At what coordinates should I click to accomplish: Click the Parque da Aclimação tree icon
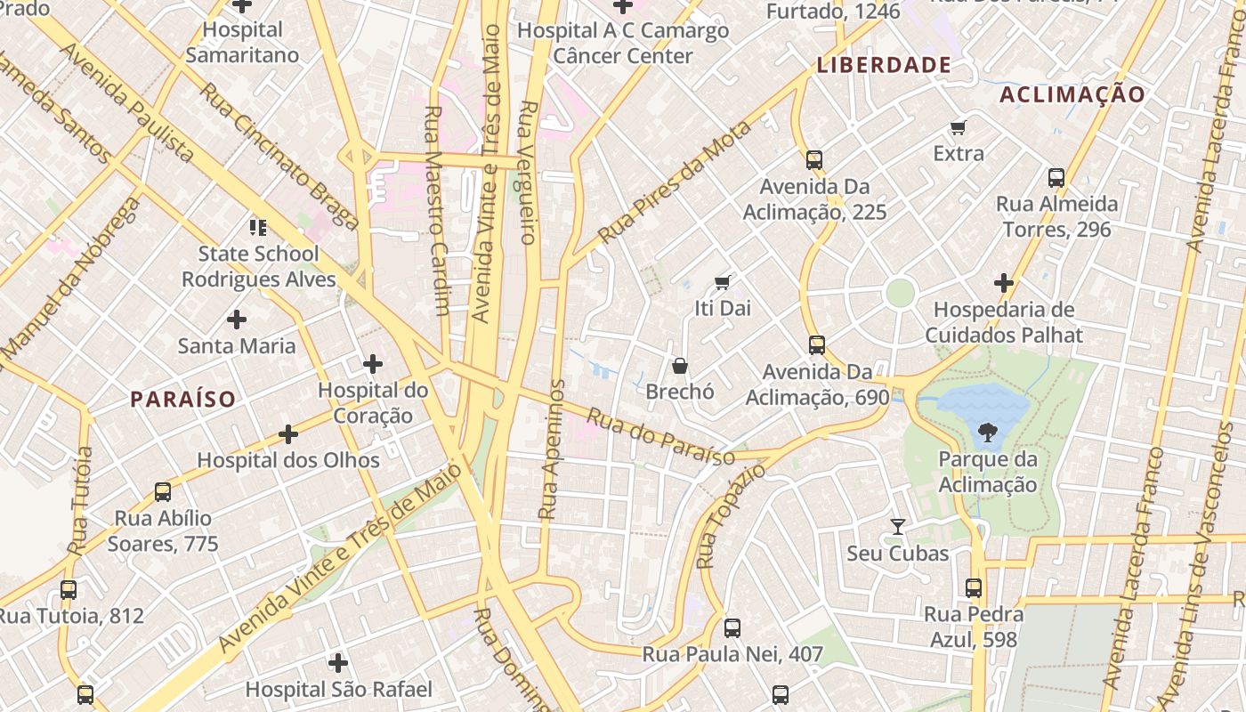pyautogui.click(x=987, y=433)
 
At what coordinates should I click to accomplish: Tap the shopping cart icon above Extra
pyautogui.click(x=959, y=127)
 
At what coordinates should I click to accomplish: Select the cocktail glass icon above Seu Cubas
pyautogui.click(x=897, y=527)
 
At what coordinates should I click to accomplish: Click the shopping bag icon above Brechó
pyautogui.click(x=680, y=365)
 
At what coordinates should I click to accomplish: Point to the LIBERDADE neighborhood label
pyautogui.click(x=884, y=65)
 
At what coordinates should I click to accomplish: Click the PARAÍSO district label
pyautogui.click(x=183, y=399)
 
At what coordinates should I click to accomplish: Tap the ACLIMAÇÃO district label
pyautogui.click(x=1072, y=95)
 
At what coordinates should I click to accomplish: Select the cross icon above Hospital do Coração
pyautogui.click(x=373, y=363)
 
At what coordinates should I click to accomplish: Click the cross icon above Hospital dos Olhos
pyautogui.click(x=288, y=434)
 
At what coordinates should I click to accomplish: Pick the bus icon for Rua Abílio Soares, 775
pyautogui.click(x=163, y=491)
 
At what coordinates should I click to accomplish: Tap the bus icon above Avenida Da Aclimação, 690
pyautogui.click(x=817, y=344)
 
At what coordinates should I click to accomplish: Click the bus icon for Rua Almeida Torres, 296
pyautogui.click(x=1056, y=177)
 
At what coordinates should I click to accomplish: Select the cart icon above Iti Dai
pyautogui.click(x=723, y=282)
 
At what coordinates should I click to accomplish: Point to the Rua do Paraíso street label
pyautogui.click(x=660, y=435)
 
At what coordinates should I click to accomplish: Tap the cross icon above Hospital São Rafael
pyautogui.click(x=338, y=663)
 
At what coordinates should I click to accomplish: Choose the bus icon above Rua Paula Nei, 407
pyautogui.click(x=732, y=627)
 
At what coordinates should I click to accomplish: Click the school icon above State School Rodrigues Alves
pyautogui.click(x=258, y=228)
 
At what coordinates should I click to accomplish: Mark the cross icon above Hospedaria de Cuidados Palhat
pyautogui.click(x=1004, y=283)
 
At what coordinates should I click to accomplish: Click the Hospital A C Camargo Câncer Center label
pyautogui.click(x=623, y=43)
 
